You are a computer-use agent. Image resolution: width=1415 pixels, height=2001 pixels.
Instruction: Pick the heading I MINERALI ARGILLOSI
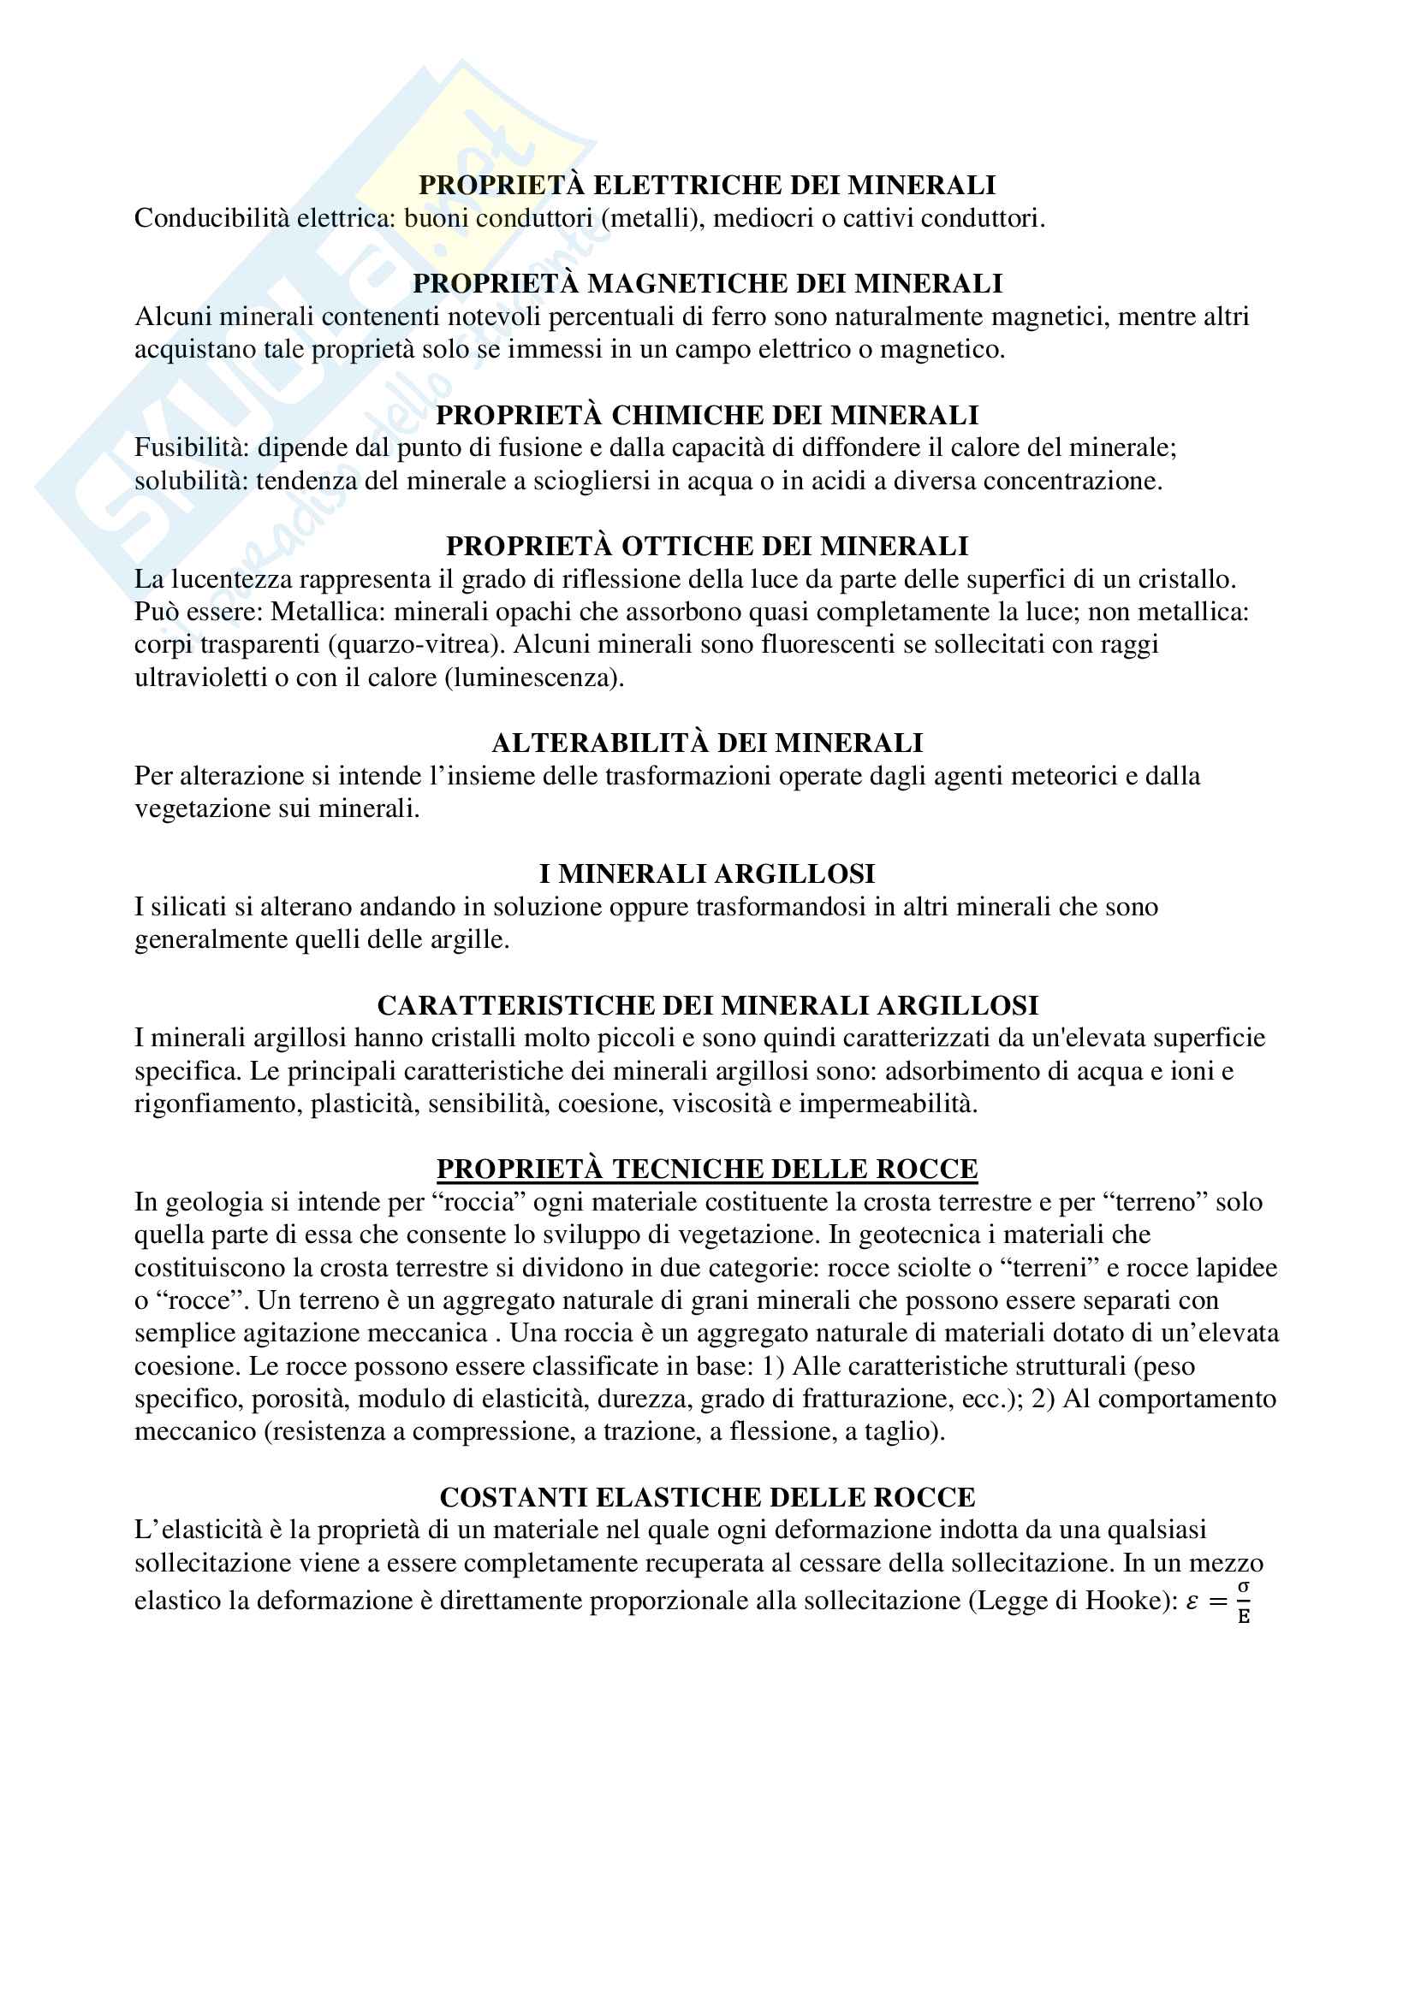[x=707, y=873]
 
